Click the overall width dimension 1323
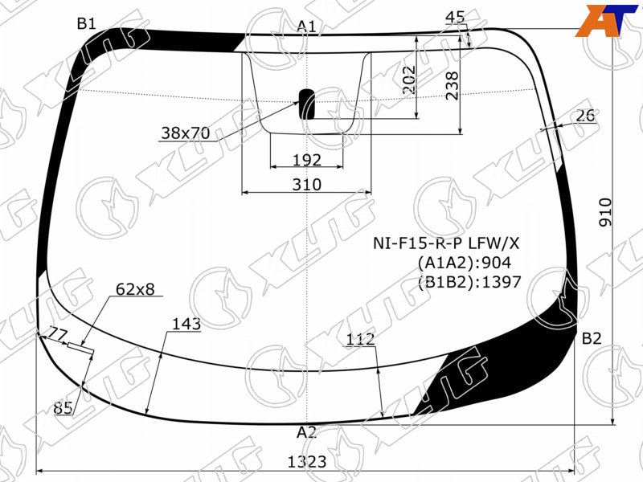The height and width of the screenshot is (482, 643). [x=307, y=461]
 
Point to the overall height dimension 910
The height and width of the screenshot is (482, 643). [x=605, y=212]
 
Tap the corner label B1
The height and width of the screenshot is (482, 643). [x=86, y=24]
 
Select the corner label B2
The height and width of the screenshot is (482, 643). [x=592, y=338]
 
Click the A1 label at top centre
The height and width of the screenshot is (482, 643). [x=306, y=27]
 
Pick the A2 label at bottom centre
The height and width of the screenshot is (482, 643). [x=307, y=432]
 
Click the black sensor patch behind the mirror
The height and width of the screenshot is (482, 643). [x=307, y=104]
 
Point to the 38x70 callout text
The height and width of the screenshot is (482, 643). [x=186, y=133]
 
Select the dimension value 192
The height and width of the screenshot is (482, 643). [x=307, y=160]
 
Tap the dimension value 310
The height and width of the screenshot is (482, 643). [x=307, y=185]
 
